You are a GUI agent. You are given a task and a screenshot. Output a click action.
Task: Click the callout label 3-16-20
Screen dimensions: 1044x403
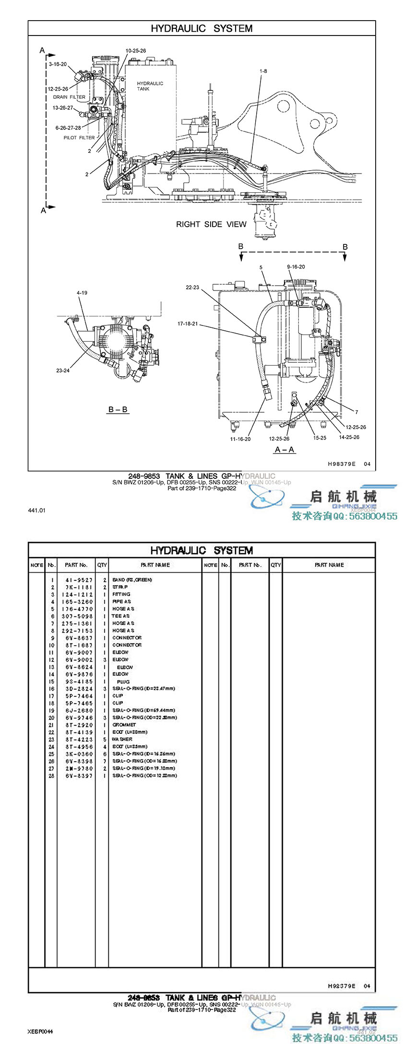(58, 64)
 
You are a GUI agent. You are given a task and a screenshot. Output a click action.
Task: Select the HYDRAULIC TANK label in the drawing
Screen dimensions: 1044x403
(150, 86)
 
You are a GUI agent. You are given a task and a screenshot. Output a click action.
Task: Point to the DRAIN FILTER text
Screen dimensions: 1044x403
(69, 97)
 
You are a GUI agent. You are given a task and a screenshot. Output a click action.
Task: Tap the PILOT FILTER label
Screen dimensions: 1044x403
(79, 138)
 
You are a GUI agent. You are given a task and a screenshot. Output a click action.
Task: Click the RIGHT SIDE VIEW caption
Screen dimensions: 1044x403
(211, 224)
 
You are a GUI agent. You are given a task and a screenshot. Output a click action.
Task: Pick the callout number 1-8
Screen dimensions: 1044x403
(263, 71)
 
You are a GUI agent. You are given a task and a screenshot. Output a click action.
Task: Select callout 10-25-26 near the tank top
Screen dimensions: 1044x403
(136, 51)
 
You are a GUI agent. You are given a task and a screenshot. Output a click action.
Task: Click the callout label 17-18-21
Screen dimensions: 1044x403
(188, 324)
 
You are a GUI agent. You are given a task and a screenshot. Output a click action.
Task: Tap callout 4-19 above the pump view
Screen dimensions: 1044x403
(82, 292)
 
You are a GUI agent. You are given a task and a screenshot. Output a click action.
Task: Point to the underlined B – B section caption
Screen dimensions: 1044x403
(118, 410)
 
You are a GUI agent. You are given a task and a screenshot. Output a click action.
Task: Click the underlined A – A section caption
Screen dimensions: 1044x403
(284, 450)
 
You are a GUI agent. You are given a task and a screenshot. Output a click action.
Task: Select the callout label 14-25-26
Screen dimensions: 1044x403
(349, 437)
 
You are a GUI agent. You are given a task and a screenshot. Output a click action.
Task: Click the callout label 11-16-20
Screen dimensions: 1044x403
(240, 439)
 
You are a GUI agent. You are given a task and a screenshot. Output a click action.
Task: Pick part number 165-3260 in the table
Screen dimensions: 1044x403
(77, 602)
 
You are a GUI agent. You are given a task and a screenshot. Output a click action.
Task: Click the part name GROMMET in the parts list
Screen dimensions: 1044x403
(124, 725)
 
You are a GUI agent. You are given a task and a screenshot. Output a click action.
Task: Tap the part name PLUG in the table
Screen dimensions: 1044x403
(123, 682)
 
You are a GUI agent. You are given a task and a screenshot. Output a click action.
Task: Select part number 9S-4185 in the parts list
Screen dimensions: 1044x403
(77, 682)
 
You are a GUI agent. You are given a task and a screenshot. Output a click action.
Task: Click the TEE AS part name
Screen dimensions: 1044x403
(121, 616)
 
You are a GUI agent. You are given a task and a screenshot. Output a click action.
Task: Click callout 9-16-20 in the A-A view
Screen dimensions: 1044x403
(296, 267)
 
